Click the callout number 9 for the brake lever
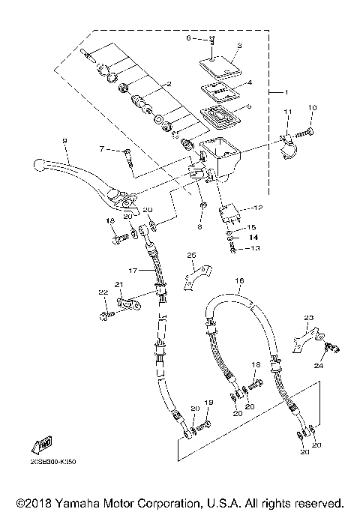click(65, 140)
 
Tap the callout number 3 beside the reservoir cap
click(238, 46)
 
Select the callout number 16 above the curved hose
click(240, 283)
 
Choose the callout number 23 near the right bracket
click(307, 318)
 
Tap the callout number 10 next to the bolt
click(313, 109)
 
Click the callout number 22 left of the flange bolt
click(103, 292)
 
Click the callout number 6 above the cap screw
click(189, 36)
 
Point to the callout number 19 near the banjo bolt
click(209, 403)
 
